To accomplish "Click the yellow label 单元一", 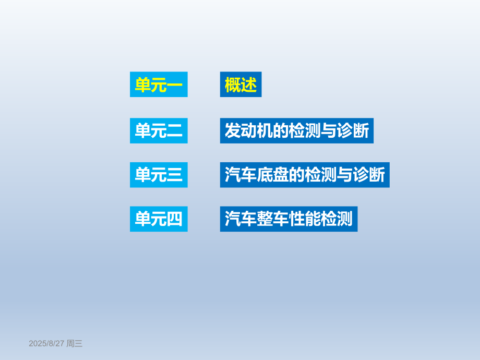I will point(159,85).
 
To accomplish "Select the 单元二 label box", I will point(159,130).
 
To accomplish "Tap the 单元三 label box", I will point(159,174).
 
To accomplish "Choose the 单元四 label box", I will point(159,219).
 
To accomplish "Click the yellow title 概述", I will point(241,85).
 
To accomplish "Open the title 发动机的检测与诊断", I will point(296,130).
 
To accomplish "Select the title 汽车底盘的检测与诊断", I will point(305,174).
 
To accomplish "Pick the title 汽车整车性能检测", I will point(289,219).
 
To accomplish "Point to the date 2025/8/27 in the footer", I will point(46,343).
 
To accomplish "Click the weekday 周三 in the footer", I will point(75,343).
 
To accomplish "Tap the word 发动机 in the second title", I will point(248,130).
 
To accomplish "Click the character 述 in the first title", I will point(249,85).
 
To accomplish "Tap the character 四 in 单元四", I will point(174,219).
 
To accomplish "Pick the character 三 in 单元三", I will point(174,174).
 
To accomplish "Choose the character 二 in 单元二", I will point(174,130).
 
